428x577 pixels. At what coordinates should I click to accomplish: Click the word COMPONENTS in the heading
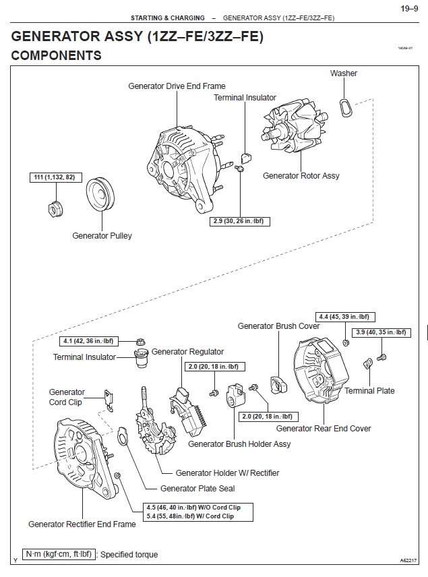click(x=57, y=55)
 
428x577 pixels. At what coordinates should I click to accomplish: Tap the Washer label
click(x=343, y=73)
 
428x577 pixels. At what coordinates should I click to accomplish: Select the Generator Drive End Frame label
click(x=177, y=86)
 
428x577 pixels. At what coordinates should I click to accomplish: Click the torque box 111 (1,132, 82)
click(x=57, y=177)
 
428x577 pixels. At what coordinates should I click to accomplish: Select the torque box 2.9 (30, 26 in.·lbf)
click(x=240, y=221)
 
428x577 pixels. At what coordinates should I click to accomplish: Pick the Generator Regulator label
click(x=187, y=352)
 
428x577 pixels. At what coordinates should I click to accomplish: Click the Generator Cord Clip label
click(x=67, y=397)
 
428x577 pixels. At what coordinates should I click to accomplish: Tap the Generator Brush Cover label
click(x=278, y=326)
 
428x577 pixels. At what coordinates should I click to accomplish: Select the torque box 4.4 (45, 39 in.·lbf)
click(x=345, y=316)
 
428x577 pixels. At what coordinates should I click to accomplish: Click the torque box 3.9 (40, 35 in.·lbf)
click(x=381, y=332)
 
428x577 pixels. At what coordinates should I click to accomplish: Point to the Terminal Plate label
click(x=369, y=391)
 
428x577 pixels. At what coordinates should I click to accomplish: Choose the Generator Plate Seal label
click(x=197, y=488)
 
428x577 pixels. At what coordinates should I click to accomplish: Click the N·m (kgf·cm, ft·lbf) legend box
click(x=57, y=554)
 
